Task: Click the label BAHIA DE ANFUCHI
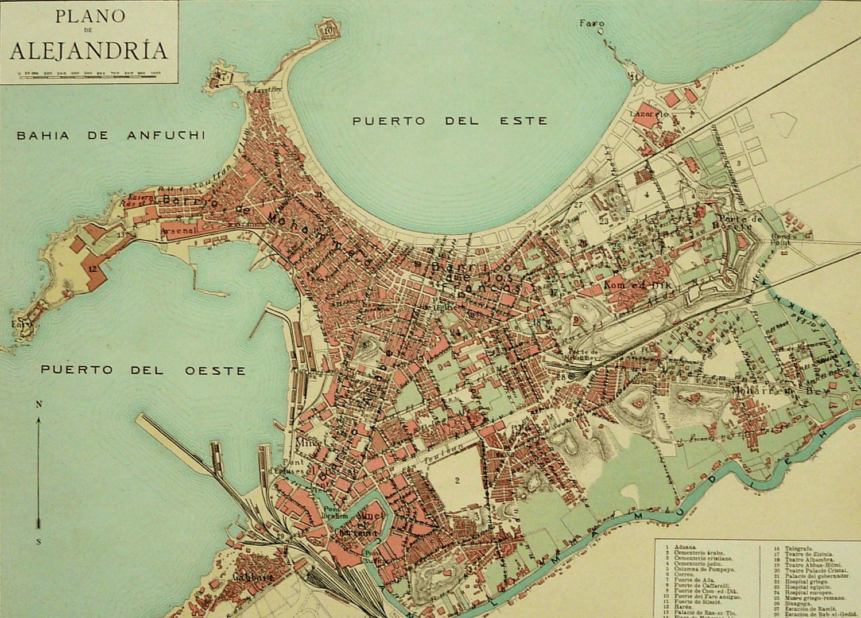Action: coord(111,136)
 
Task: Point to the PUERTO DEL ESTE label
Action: coord(449,121)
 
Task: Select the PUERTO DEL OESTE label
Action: coord(143,370)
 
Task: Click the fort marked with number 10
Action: coord(328,31)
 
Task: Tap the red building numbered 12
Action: coord(92,267)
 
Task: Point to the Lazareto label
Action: coord(649,114)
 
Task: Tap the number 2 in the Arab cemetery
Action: coord(457,480)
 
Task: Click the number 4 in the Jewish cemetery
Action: coord(647,195)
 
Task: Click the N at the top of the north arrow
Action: coord(39,404)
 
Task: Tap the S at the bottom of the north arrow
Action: coord(39,541)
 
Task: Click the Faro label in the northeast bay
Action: coord(591,24)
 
